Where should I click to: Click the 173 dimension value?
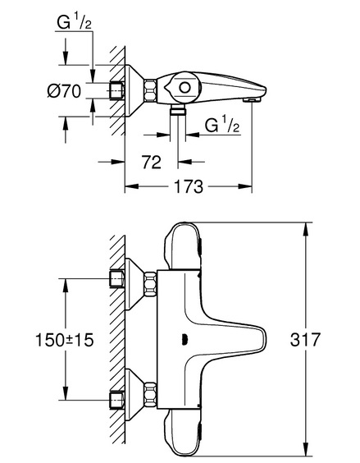[189, 186]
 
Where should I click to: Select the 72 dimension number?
[152, 162]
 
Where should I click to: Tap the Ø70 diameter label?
[64, 90]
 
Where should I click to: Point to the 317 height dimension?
[305, 340]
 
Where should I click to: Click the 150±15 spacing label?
[64, 340]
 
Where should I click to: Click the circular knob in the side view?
[185, 88]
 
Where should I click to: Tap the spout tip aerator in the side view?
[252, 100]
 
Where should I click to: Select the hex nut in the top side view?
[150, 90]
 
